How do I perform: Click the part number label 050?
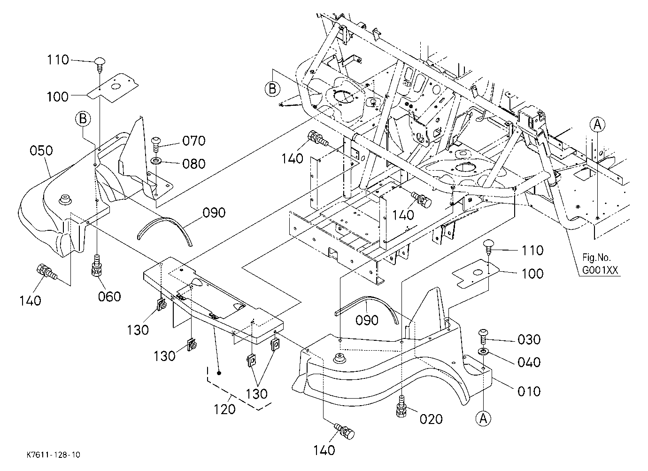click(41, 150)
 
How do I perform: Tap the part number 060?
click(109, 297)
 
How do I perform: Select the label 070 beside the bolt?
click(194, 141)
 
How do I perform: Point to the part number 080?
click(194, 164)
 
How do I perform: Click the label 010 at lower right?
click(529, 391)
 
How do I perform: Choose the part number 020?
click(431, 419)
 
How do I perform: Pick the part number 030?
click(529, 339)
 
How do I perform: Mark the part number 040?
click(529, 362)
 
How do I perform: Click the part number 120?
click(224, 409)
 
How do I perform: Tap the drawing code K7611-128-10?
click(54, 455)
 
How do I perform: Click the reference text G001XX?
click(600, 270)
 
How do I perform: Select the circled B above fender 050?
click(83, 119)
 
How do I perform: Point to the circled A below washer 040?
click(483, 418)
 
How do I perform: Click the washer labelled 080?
click(156, 161)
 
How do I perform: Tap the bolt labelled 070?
click(156, 144)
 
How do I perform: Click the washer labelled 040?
click(483, 352)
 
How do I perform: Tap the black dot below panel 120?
click(219, 373)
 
